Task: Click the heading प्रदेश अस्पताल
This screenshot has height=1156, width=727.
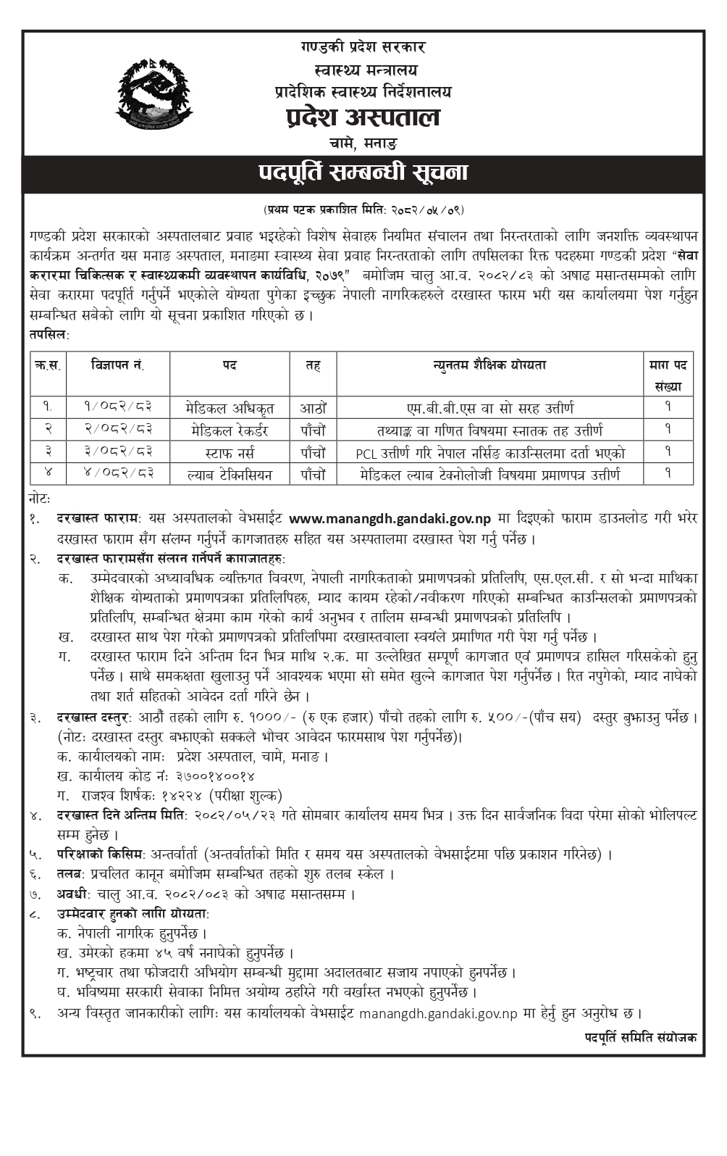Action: tap(362, 117)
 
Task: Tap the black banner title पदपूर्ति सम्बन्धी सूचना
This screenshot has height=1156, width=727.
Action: tap(363, 173)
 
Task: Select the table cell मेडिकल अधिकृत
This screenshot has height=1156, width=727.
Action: tap(230, 407)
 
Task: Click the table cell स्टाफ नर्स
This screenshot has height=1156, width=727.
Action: tap(230, 452)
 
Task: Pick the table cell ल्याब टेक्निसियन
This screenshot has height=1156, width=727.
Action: tap(230, 475)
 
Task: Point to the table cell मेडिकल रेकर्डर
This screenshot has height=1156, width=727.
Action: tap(230, 430)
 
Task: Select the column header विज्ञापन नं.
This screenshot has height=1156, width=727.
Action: tap(117, 365)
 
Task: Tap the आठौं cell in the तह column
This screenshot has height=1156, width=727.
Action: tap(313, 407)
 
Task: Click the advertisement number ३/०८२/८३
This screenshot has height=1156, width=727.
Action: tap(117, 452)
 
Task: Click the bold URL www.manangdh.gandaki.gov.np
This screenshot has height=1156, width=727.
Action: tap(390, 518)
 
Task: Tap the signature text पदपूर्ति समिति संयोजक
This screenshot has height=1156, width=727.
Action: tap(641, 1037)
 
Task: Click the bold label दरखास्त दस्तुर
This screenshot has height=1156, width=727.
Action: tap(93, 718)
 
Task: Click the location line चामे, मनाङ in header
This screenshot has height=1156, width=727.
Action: tap(362, 143)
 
